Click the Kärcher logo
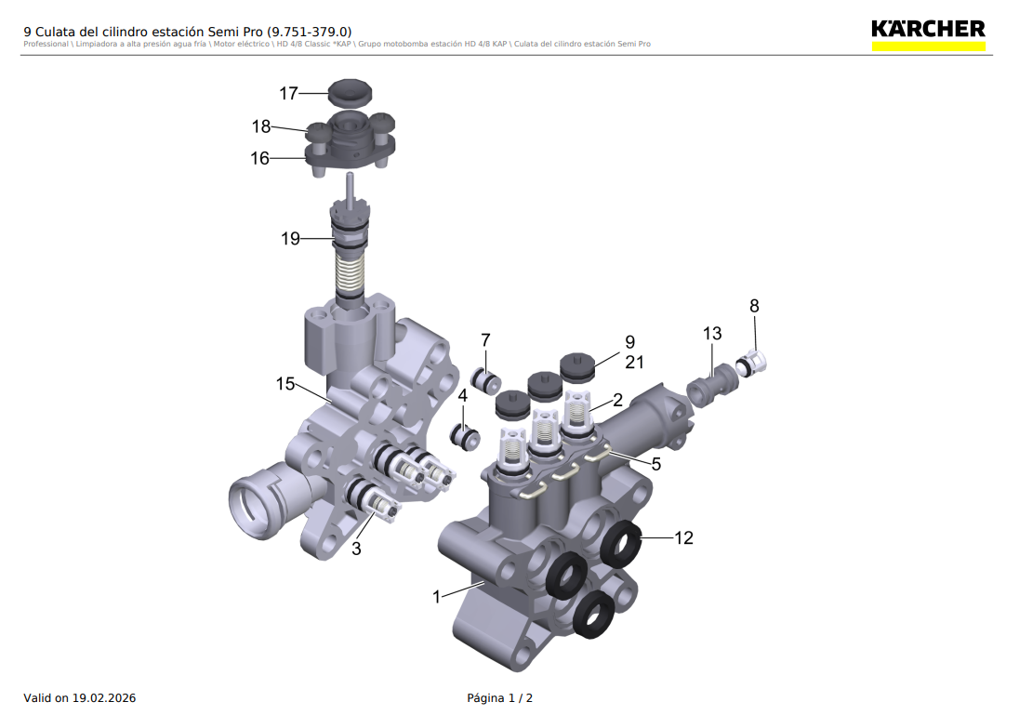point(928,35)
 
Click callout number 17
point(288,94)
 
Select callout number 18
point(261,126)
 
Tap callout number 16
point(260,158)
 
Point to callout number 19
point(290,239)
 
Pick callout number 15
point(285,383)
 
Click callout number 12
point(683,537)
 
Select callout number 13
point(712,334)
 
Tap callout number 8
point(754,306)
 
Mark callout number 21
point(634,362)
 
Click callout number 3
point(356,549)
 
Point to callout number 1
point(437,597)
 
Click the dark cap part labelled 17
point(350,92)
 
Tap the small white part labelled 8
point(752,362)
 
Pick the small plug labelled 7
point(486,381)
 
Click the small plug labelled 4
point(465,436)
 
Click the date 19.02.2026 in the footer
point(104,698)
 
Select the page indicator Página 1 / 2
point(500,698)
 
